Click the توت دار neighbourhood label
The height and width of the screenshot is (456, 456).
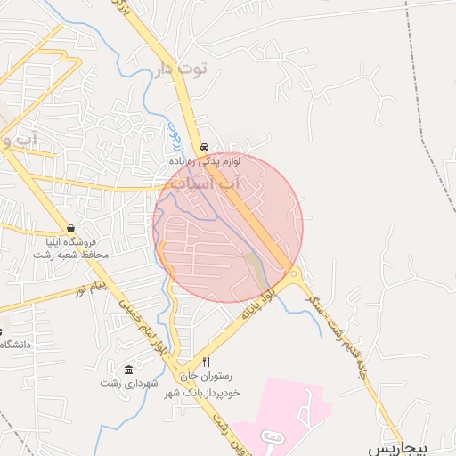click(x=181, y=68)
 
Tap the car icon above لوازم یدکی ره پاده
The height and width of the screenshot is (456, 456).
click(x=205, y=147)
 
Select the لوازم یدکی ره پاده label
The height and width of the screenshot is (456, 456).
click(x=207, y=162)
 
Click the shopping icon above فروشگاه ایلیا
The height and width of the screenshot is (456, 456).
click(x=70, y=228)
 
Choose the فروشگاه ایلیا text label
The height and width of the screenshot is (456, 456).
click(x=71, y=241)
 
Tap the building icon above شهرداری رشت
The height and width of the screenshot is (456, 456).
click(x=129, y=370)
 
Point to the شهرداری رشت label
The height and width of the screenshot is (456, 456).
click(x=129, y=383)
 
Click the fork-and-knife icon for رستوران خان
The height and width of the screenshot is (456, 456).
click(x=207, y=362)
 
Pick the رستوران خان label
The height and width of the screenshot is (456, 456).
click(x=206, y=376)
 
